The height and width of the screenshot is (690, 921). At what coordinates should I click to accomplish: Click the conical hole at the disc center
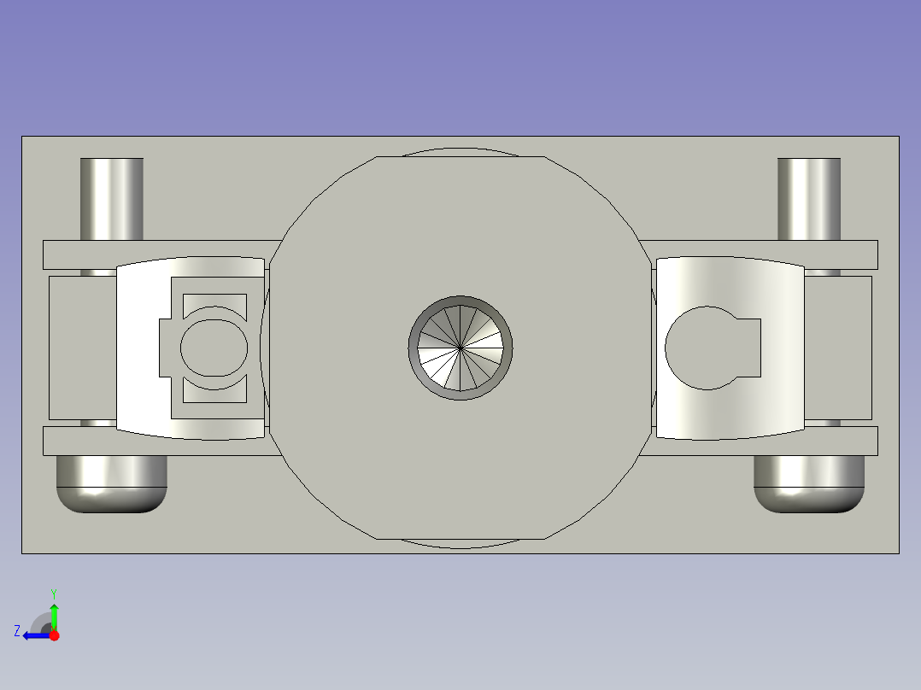(x=460, y=348)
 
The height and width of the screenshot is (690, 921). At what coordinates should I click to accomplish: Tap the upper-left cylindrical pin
(x=111, y=198)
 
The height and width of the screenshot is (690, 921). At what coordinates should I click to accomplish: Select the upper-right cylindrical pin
(x=808, y=198)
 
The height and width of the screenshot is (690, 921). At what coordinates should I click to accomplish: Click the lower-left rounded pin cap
(x=111, y=485)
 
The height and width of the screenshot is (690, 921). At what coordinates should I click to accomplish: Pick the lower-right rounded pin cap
(x=808, y=485)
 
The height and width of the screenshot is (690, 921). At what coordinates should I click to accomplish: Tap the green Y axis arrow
(x=54, y=613)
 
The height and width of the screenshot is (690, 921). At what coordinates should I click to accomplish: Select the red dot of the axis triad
(x=54, y=635)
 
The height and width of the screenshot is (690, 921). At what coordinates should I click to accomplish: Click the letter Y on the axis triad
(x=53, y=592)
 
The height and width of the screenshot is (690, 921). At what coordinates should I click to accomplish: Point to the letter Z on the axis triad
(x=17, y=631)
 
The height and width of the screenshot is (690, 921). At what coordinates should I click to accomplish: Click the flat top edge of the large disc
(x=460, y=157)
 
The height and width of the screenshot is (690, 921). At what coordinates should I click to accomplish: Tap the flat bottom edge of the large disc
(x=460, y=539)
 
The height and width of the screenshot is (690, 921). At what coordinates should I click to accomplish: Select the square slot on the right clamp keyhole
(x=748, y=348)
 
